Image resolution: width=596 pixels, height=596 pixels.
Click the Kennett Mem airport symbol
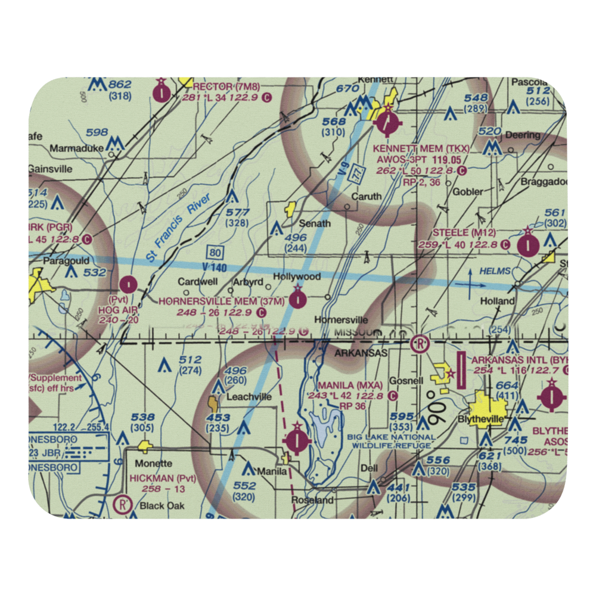point(388,124)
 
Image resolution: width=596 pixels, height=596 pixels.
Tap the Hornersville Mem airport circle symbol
point(297,297)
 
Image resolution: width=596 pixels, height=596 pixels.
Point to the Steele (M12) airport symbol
point(527,244)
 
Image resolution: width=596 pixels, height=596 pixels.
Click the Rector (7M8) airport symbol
point(162,93)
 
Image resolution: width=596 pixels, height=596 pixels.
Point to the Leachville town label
point(248,396)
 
